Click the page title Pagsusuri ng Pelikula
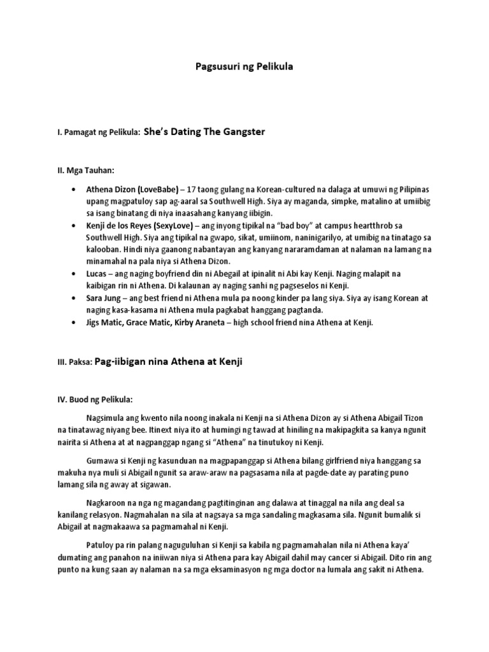(x=244, y=67)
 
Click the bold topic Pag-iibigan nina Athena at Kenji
(x=168, y=362)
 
